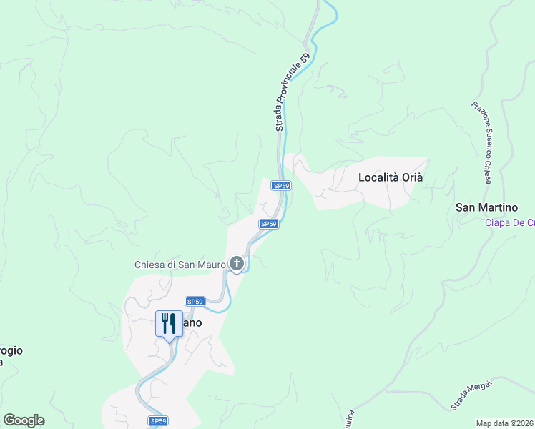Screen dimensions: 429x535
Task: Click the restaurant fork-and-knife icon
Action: (x=169, y=324)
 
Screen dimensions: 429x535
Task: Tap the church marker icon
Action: (x=237, y=265)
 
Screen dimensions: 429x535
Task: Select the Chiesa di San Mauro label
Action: (x=180, y=265)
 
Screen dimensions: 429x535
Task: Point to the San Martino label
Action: (x=486, y=207)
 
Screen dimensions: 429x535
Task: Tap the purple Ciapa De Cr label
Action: (x=509, y=222)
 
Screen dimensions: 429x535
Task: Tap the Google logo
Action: (x=24, y=420)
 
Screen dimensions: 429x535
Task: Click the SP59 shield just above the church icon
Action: (x=268, y=224)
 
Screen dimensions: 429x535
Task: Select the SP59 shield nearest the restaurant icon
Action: (x=195, y=302)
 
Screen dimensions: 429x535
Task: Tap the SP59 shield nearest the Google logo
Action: (x=158, y=421)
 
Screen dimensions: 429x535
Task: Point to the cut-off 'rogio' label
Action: (x=11, y=350)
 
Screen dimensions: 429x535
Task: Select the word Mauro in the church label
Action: (x=211, y=265)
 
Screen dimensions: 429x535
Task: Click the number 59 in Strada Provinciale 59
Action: (x=304, y=61)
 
